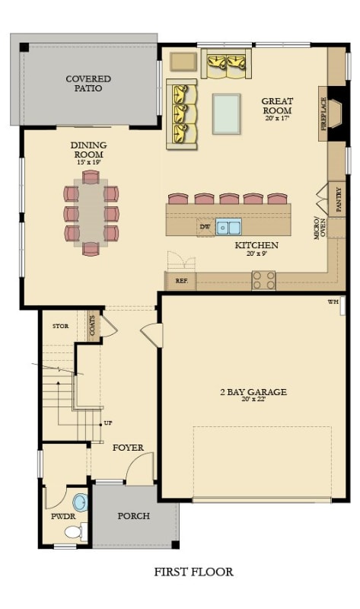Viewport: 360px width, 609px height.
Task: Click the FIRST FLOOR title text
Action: click(x=193, y=572)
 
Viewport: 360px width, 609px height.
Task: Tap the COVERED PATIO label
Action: click(x=88, y=84)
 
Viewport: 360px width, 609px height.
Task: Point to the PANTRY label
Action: click(x=339, y=199)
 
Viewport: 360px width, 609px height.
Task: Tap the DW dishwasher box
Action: click(x=204, y=227)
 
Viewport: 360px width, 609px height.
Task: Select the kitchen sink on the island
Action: click(x=228, y=227)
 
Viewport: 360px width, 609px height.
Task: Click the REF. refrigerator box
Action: click(x=181, y=281)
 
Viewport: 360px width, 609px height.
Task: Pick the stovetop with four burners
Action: click(x=263, y=280)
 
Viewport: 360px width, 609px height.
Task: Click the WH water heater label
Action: click(x=333, y=302)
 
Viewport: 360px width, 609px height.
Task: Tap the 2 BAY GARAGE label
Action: click(x=253, y=394)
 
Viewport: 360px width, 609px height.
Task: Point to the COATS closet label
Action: click(x=93, y=326)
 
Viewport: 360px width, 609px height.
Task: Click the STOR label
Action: click(x=60, y=327)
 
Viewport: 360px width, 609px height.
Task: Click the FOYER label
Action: click(x=128, y=448)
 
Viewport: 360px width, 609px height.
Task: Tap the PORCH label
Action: click(x=134, y=515)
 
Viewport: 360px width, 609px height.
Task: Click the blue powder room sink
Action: click(x=80, y=502)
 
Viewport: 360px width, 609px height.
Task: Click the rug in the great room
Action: click(x=226, y=113)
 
